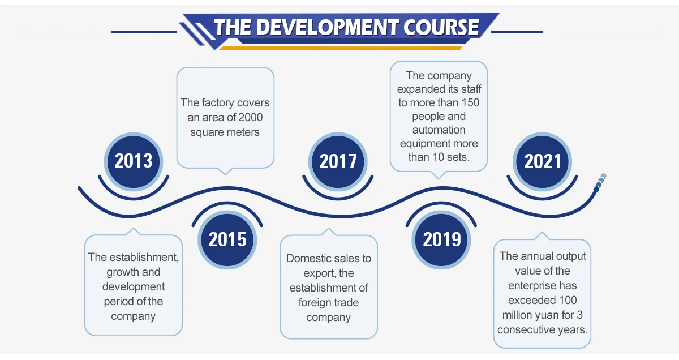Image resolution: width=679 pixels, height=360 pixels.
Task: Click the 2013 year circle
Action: pos(134,161)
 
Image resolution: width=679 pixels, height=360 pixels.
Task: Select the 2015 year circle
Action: pos(227,239)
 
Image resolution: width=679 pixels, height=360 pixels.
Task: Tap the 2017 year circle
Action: pos(338,161)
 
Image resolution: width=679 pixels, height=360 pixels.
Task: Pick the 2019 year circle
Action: pos(442,239)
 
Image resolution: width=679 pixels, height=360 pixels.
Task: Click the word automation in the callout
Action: pos(439,130)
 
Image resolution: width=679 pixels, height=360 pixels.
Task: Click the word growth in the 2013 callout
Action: pos(125,272)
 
